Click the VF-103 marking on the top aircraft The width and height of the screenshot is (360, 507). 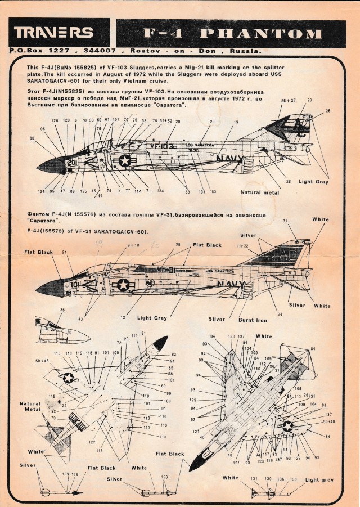coord(163,145)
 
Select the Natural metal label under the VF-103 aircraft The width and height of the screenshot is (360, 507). coord(259,192)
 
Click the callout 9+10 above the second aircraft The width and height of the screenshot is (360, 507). coord(133,245)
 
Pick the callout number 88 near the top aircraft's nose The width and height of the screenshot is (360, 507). coord(33,138)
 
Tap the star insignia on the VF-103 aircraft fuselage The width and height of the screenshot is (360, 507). coord(124,161)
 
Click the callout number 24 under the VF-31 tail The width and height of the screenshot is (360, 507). coord(279,315)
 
